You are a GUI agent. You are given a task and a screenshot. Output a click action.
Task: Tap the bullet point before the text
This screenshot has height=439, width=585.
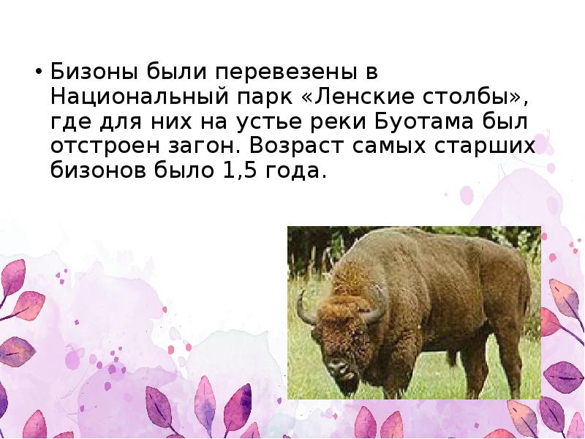(37, 74)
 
